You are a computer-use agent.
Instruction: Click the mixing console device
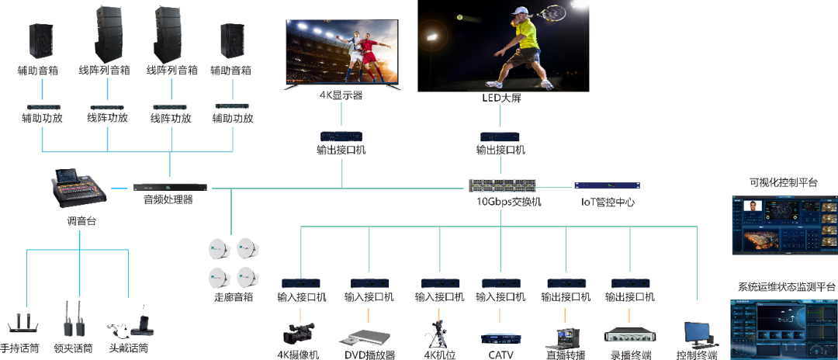click(78, 189)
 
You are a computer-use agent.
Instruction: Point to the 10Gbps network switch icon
click(503, 186)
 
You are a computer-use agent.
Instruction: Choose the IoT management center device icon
click(607, 186)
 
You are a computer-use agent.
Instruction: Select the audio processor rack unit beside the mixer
click(170, 187)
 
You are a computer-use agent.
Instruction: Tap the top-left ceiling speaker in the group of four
click(218, 249)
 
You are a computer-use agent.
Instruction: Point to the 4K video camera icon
click(298, 333)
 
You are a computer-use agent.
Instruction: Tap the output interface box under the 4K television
click(341, 135)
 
